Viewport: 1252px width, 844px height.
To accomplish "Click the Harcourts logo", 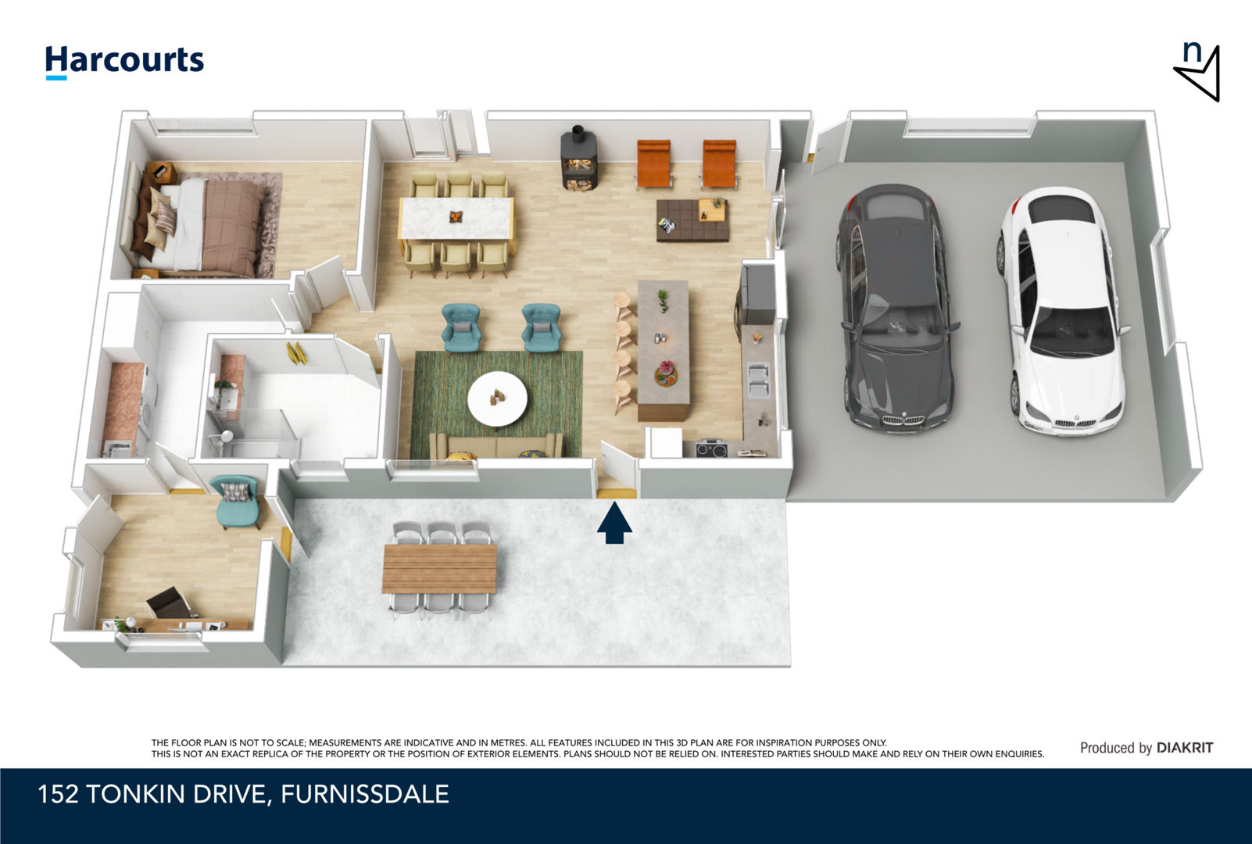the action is (124, 62).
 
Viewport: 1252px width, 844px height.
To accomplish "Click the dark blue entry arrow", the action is (614, 523).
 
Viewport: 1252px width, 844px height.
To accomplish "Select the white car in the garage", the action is (1060, 311).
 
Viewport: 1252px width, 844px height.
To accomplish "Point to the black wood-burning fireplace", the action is (578, 158).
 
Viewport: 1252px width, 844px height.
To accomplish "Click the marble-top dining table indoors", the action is (456, 218).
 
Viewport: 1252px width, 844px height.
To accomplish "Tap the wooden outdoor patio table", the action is (439, 568).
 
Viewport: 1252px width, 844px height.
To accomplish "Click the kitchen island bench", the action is (664, 349).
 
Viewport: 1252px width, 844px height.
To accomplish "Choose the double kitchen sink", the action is (758, 380).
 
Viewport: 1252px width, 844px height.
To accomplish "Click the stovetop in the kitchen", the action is (711, 449).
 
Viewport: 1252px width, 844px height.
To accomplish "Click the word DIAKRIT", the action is (1185, 748).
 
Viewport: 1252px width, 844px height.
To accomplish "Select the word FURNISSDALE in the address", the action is (364, 794).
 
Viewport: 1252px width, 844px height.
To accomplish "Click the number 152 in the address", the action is (58, 794).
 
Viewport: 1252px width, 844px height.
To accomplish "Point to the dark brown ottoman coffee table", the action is (692, 220).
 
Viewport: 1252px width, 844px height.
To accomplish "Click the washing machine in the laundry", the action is (148, 402).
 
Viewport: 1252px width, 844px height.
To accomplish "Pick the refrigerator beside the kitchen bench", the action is (757, 295).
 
